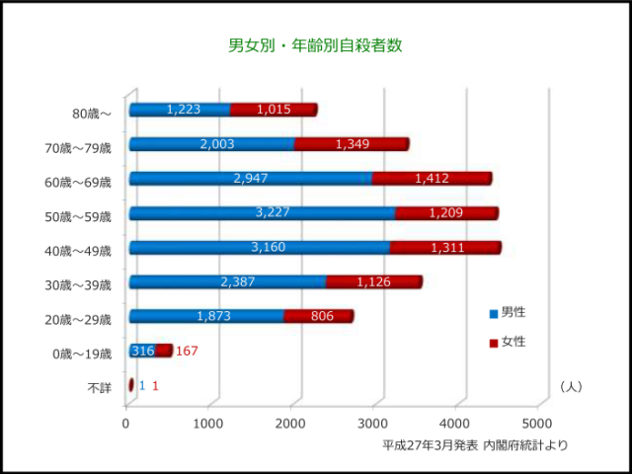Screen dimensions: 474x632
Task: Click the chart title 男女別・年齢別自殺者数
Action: (x=315, y=45)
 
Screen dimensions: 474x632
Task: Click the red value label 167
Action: (x=188, y=352)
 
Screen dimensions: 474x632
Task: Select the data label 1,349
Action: (x=352, y=144)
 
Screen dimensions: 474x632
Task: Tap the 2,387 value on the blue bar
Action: (x=238, y=281)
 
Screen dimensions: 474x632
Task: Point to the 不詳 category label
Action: (x=99, y=388)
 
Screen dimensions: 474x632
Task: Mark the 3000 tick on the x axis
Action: (x=372, y=424)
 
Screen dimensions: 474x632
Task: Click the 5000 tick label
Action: (x=536, y=424)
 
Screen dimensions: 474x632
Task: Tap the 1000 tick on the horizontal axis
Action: (x=208, y=424)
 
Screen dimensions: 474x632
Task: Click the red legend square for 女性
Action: (x=494, y=343)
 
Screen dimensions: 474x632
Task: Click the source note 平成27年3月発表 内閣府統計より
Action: (x=475, y=445)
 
